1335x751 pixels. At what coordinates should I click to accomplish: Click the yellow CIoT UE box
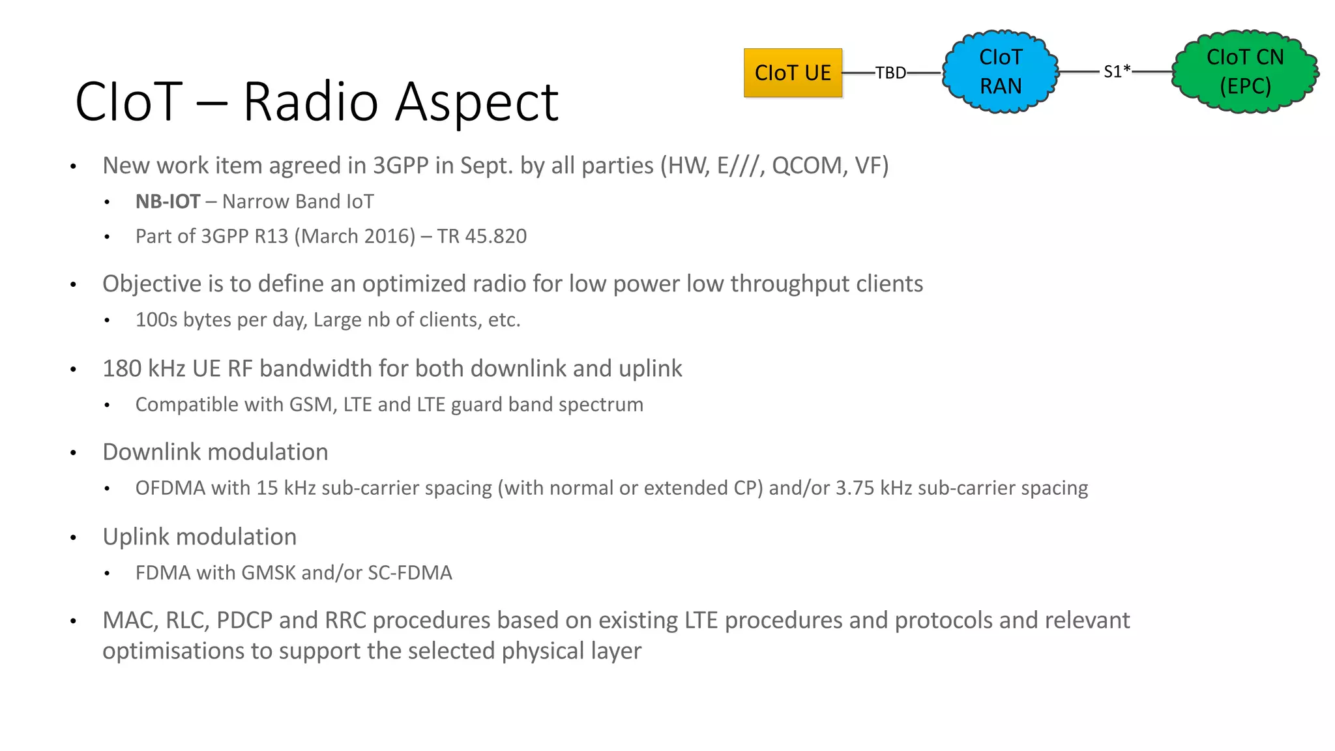coord(793,73)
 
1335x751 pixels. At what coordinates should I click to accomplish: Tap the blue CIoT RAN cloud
coord(1001,72)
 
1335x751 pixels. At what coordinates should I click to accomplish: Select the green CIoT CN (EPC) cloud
coord(1244,72)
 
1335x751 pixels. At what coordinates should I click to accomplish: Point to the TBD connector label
coord(890,73)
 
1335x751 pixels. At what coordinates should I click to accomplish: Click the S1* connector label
coord(1117,72)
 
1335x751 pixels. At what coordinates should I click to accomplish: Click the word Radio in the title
coord(310,102)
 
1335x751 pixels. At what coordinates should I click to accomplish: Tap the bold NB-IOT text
coord(168,201)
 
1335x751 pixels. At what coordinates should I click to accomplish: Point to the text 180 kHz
coord(144,368)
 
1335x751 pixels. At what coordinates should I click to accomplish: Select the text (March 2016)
coord(355,236)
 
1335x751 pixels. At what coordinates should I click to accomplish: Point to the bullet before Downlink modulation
coord(74,453)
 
